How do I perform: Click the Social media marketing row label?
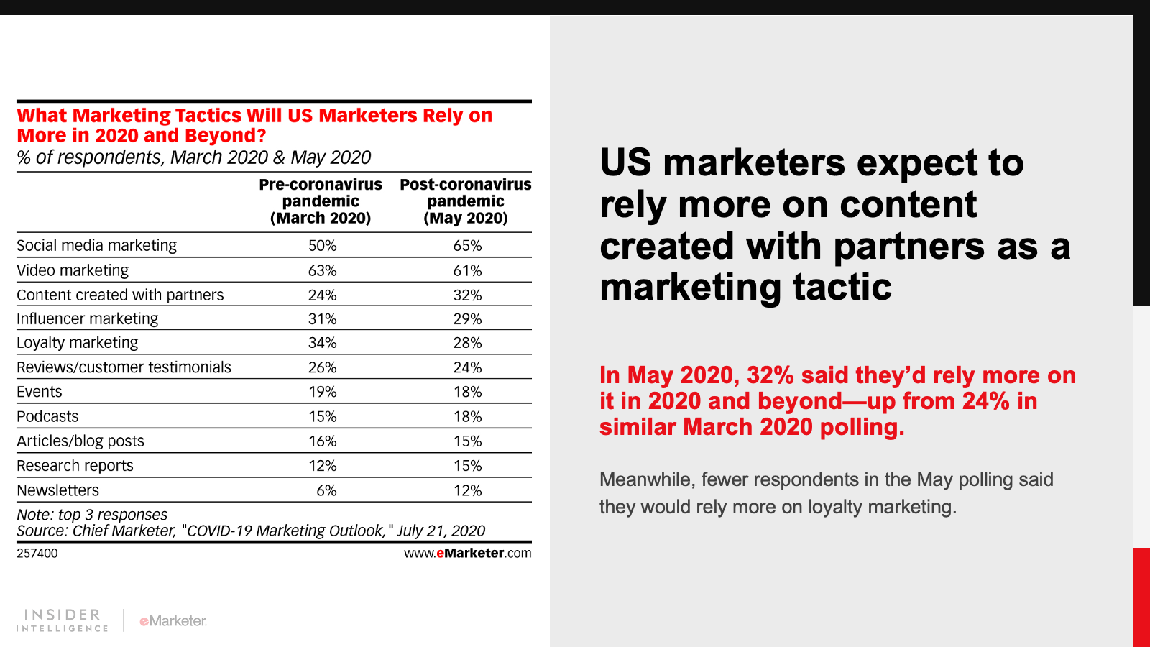click(96, 246)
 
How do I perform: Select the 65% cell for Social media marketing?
click(467, 246)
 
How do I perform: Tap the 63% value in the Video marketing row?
click(322, 271)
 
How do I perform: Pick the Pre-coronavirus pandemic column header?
click(321, 201)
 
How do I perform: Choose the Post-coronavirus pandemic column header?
click(466, 201)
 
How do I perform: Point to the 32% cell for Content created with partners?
click(467, 295)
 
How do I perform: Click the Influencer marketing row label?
click(87, 319)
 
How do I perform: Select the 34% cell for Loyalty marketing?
click(322, 343)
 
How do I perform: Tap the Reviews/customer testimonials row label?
click(124, 367)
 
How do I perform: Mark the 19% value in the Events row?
click(322, 392)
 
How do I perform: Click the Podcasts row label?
click(47, 417)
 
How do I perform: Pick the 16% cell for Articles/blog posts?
click(322, 441)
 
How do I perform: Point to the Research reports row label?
click(75, 466)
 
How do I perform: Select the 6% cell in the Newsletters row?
click(326, 490)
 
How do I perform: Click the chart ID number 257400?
click(37, 554)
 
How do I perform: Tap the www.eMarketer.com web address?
click(467, 554)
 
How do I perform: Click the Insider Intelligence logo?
click(63, 620)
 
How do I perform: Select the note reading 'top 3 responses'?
click(92, 515)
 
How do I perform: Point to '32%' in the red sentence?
click(770, 375)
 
